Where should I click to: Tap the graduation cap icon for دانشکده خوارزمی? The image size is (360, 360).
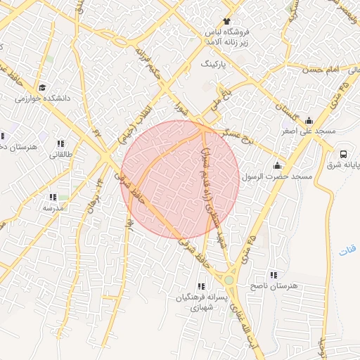pos(42,88)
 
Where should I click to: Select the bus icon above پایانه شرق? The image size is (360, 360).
pos(343,154)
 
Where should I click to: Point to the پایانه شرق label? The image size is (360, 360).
pos(344,165)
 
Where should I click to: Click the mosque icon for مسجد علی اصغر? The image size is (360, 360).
pos(309,120)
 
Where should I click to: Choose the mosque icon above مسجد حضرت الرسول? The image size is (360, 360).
pos(277,166)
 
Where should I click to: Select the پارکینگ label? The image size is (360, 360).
pos(215,63)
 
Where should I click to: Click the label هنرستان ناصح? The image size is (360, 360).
pos(274,286)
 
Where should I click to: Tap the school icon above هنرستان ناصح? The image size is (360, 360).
pos(274,275)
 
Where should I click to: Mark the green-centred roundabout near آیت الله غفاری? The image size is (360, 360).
pos(229,280)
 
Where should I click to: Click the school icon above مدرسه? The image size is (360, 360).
pos(53,197)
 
